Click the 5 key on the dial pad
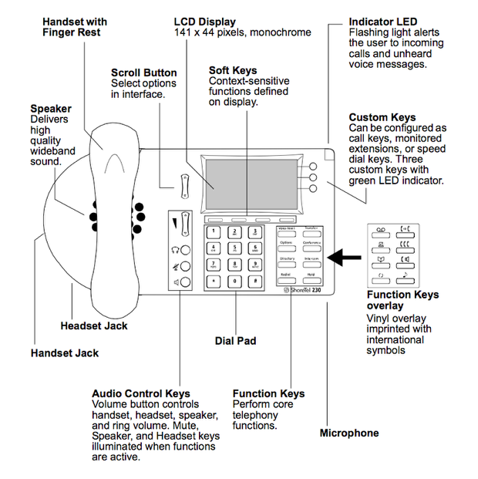point(234,248)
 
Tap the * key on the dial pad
point(213,281)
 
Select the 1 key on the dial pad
point(213,231)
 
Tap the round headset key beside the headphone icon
point(185,250)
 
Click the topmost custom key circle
point(313,167)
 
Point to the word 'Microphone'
point(349,433)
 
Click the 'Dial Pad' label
point(235,340)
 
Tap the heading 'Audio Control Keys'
point(140,393)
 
